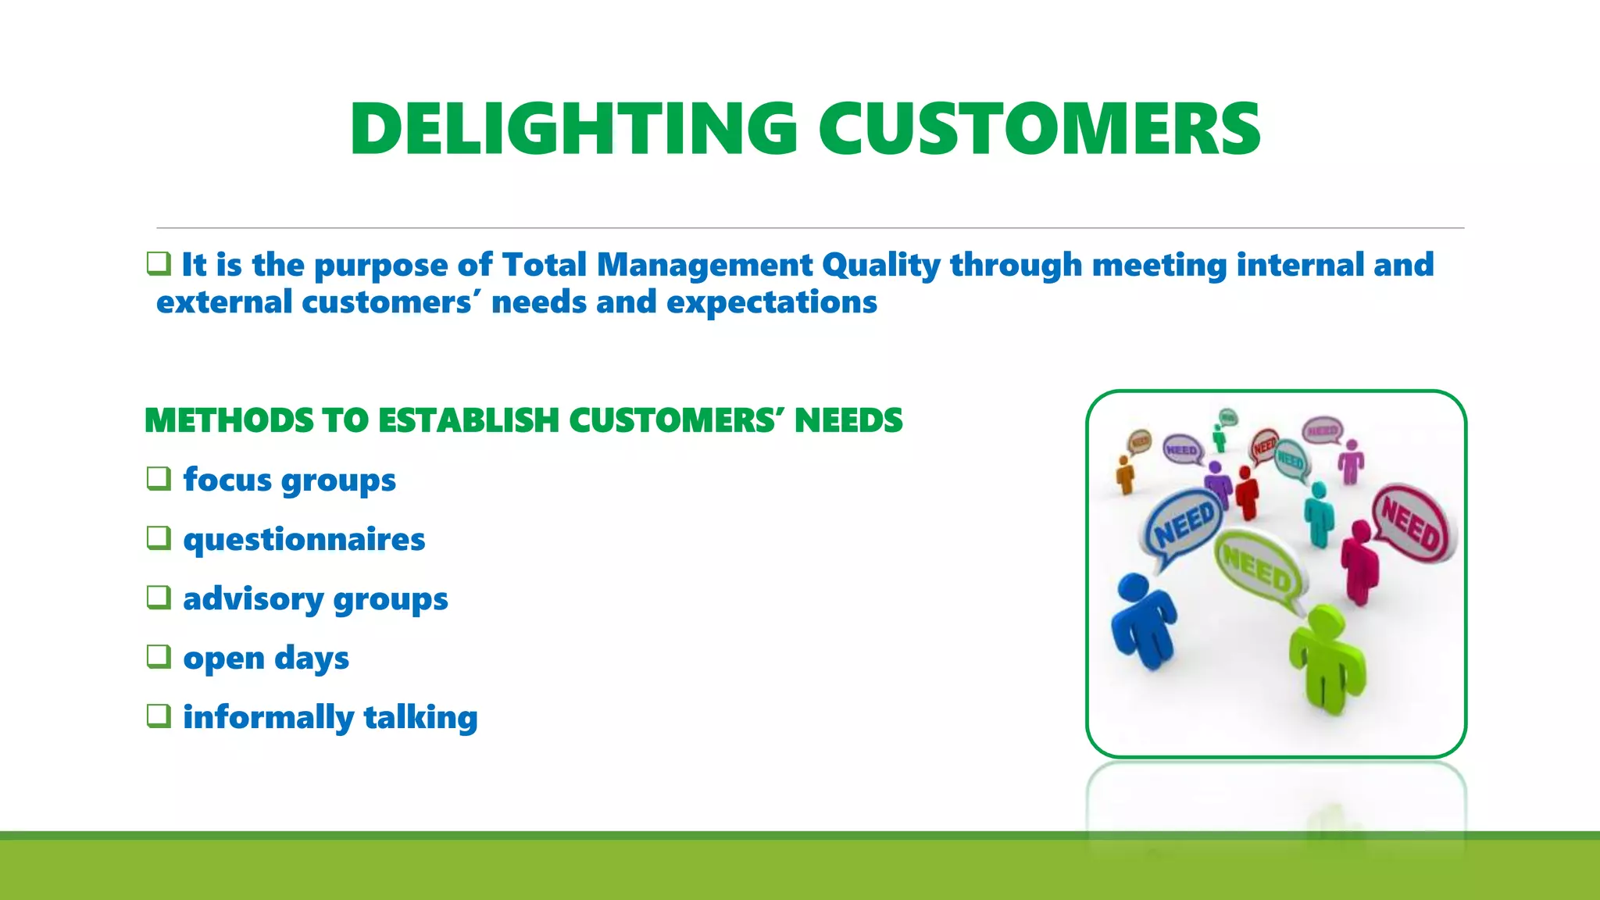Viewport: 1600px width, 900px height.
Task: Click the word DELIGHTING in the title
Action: point(573,130)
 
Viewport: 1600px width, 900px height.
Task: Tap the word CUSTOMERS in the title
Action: point(1039,130)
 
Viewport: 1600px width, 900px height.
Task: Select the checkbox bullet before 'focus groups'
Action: point(159,478)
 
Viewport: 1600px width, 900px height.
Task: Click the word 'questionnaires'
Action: point(304,540)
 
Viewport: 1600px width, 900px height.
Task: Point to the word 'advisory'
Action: point(253,599)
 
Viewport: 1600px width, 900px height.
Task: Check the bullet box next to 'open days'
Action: point(159,656)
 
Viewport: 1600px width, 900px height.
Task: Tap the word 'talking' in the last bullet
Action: point(420,717)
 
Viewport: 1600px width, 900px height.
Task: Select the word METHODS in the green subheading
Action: point(229,420)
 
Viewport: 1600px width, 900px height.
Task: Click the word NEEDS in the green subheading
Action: point(848,420)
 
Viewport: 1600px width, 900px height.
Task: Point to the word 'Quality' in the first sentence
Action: point(881,266)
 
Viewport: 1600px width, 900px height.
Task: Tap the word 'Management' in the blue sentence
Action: point(705,266)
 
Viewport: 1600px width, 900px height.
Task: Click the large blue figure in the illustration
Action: point(1142,621)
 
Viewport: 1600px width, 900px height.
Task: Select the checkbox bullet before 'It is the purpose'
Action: point(159,263)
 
